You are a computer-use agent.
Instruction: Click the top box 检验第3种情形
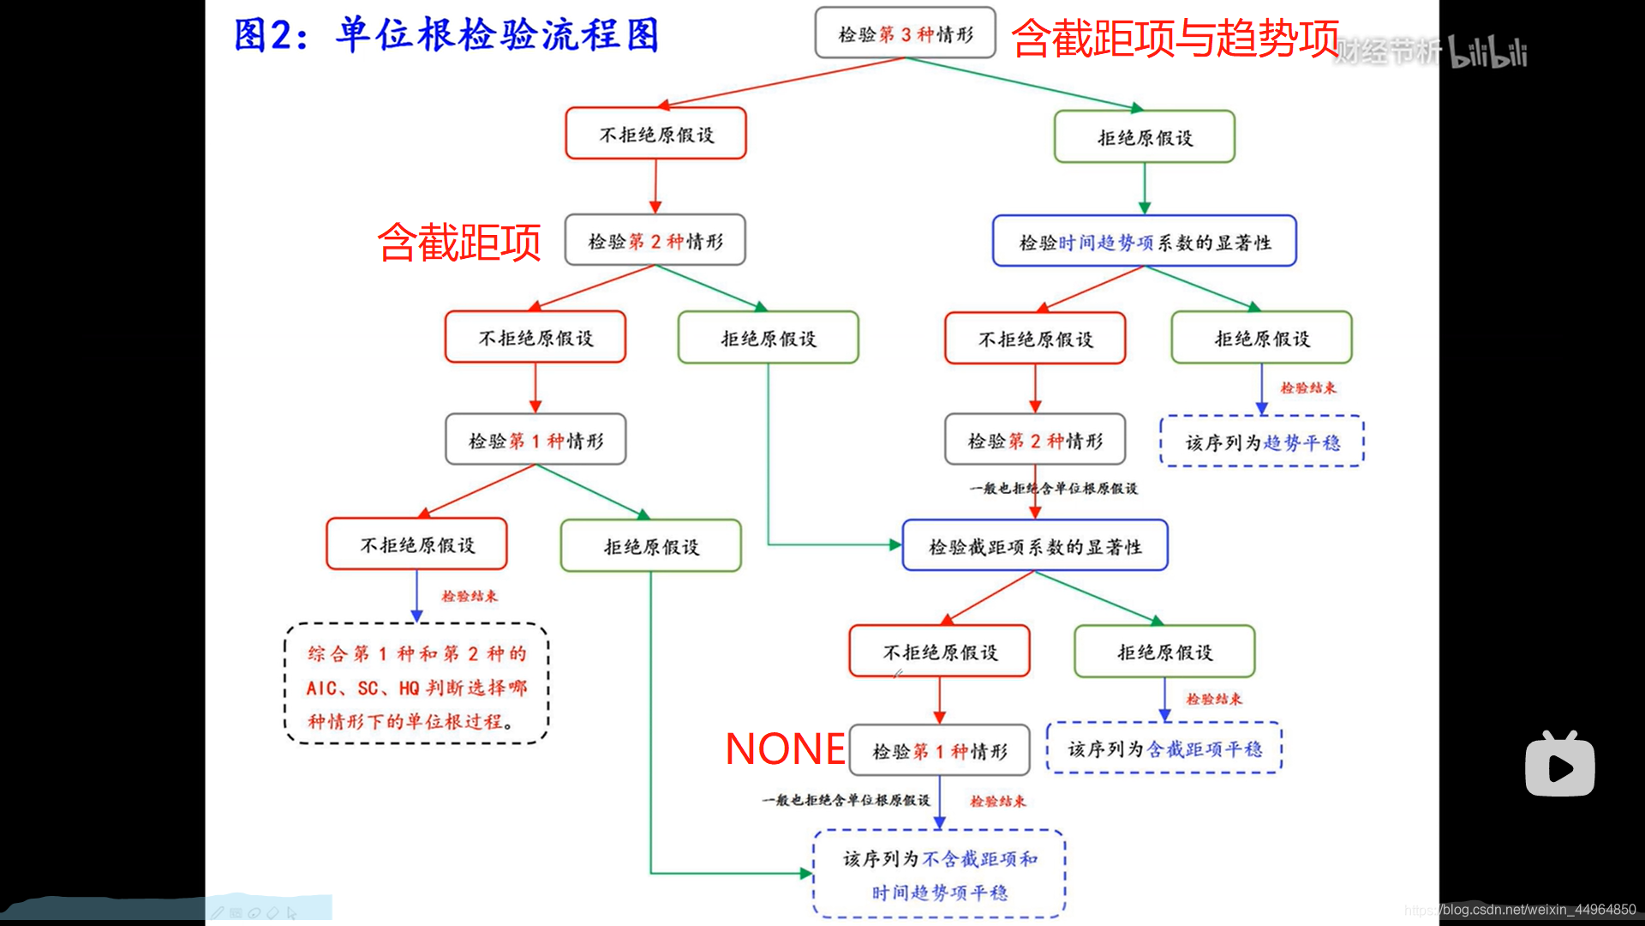905,33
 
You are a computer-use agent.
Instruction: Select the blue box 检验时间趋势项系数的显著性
1144,242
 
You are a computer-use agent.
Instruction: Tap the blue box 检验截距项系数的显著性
1035,546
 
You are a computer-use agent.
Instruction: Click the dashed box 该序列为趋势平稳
1262,442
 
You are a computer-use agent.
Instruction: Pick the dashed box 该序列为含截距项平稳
1164,749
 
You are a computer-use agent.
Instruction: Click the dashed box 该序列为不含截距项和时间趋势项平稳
939,875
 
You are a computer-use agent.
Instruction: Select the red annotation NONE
785,749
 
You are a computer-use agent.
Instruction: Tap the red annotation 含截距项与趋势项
1175,39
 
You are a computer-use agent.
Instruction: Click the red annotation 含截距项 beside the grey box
459,242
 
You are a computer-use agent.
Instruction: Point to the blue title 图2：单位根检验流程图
446,35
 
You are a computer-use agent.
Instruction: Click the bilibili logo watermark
1487,53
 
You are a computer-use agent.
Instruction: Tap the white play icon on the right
1560,766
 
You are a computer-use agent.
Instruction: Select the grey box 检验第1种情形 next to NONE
939,751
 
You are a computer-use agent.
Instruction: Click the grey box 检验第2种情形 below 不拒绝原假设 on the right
1034,441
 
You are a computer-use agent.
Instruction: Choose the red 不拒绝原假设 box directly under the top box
655,134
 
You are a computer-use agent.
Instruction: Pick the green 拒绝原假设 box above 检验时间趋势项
1145,137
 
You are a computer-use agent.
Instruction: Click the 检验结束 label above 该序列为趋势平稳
1307,388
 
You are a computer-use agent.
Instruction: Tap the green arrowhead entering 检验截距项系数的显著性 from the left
895,544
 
